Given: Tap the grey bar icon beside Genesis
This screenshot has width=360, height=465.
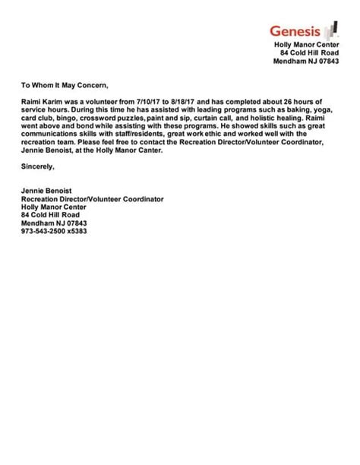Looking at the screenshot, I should (x=330, y=30).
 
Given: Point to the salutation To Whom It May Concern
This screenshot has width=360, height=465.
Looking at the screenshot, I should (x=65, y=85).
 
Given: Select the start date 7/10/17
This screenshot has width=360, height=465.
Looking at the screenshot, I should (x=149, y=101).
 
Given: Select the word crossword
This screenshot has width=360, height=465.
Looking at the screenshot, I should (x=102, y=118).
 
